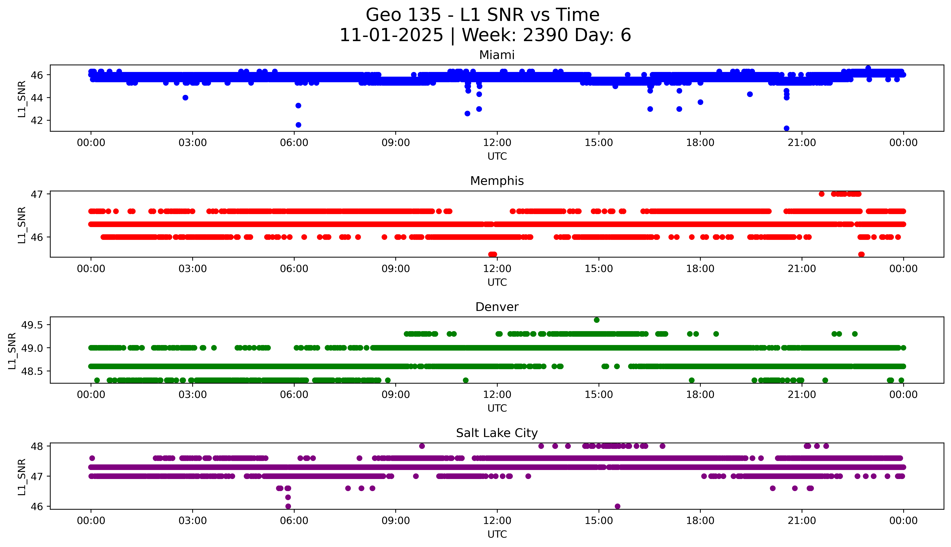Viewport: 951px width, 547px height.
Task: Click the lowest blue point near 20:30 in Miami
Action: coord(786,128)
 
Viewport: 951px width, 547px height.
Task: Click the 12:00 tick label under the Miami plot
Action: coord(497,143)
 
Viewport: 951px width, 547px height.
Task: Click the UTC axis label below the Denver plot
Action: coord(497,408)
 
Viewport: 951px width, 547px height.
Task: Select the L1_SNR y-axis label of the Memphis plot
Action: coord(22,225)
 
